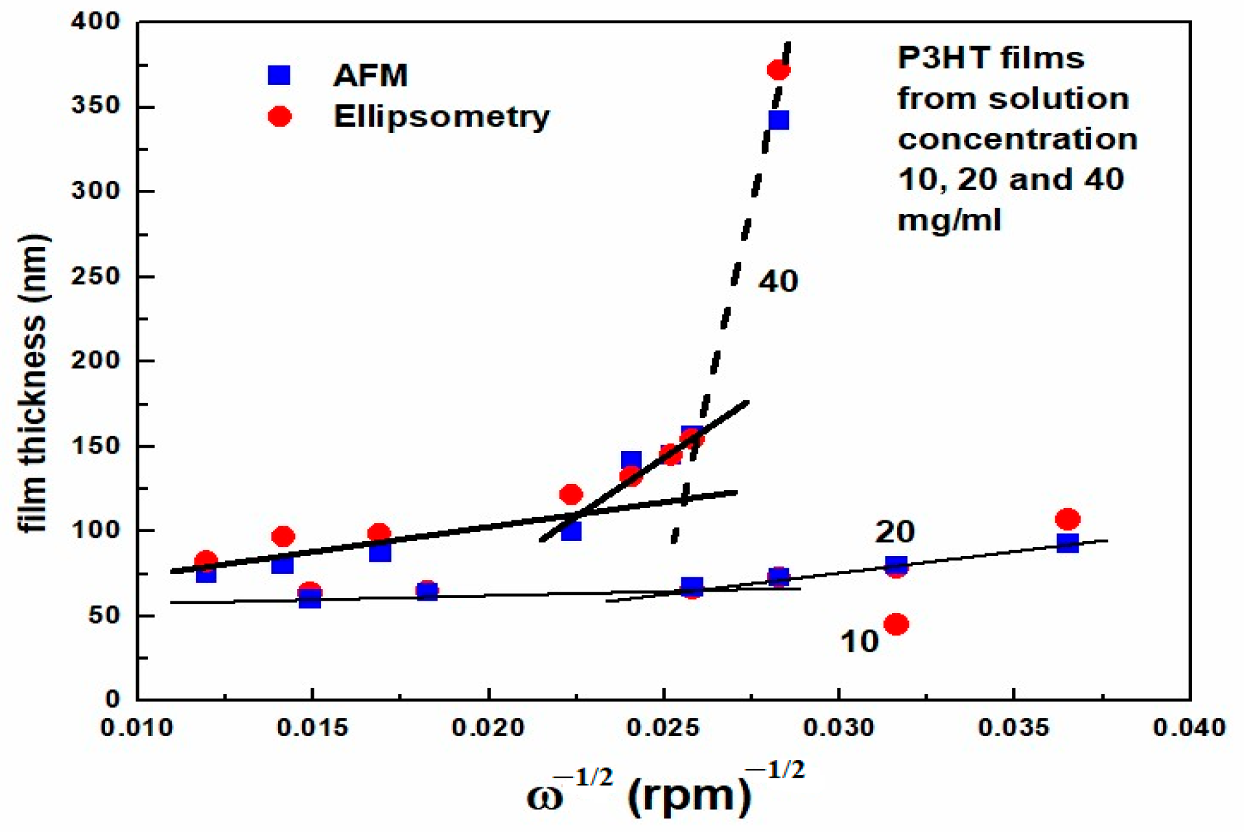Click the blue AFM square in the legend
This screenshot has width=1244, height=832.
coord(279,75)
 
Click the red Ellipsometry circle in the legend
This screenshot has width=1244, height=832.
coord(279,117)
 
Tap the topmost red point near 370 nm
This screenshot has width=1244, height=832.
coord(778,70)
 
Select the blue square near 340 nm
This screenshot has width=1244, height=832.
coord(778,120)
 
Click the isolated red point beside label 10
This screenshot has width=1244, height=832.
coord(896,624)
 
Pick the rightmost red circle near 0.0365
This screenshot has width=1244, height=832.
coord(1067,519)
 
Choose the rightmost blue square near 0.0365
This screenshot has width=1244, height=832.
coord(1067,543)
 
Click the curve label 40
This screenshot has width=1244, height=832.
coord(778,281)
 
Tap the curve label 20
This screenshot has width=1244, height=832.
coord(895,532)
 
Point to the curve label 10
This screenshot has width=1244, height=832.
coord(859,641)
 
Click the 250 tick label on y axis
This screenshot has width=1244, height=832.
coord(95,276)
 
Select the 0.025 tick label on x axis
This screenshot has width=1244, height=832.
coord(663,727)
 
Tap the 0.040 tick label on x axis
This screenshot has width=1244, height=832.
coord(1189,727)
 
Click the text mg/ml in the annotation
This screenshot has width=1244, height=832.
coord(949,220)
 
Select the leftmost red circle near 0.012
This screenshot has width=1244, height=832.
coord(205,560)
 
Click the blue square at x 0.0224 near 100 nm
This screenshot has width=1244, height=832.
coord(570,531)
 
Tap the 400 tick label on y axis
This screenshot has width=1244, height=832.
coord(95,22)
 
